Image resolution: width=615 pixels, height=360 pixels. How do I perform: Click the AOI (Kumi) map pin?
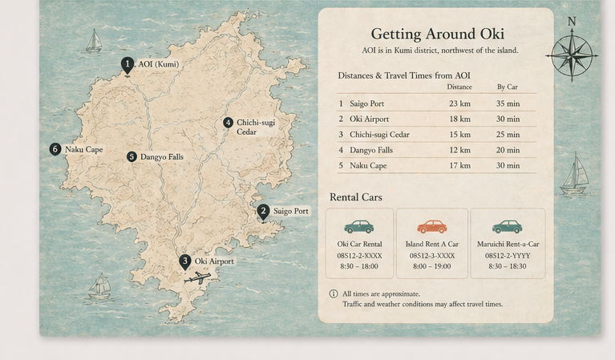[127, 65]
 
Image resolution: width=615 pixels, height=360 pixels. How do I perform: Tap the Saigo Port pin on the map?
[263, 212]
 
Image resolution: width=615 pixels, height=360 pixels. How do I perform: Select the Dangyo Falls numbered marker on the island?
[131, 157]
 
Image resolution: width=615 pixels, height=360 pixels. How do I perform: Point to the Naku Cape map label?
[83, 150]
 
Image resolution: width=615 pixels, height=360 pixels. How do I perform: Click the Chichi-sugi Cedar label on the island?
[255, 127]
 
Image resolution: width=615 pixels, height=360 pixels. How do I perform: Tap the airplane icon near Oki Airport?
[197, 278]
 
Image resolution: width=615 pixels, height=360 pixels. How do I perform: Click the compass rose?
[572, 55]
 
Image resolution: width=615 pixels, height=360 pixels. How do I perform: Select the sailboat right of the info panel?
[574, 175]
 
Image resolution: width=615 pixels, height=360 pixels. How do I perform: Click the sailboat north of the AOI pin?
[94, 41]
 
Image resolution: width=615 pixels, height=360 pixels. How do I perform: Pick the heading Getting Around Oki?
[437, 34]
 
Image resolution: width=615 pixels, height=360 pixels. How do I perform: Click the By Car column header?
[507, 87]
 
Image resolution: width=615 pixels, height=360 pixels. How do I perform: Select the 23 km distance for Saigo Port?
[459, 103]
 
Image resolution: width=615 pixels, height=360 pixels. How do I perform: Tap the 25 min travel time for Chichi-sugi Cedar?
[507, 135]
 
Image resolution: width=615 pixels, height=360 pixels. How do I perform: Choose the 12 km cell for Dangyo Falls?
[459, 150]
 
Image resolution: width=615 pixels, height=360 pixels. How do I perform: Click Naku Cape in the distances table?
[368, 166]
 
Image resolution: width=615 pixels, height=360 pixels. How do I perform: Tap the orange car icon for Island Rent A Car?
[432, 227]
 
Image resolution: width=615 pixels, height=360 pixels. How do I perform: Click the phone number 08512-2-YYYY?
[507, 256]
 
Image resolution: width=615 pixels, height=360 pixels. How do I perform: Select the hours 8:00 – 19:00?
[432, 266]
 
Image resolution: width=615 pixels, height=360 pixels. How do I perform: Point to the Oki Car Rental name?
[359, 245]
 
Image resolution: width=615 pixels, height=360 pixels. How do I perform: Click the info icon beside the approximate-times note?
[334, 293]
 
